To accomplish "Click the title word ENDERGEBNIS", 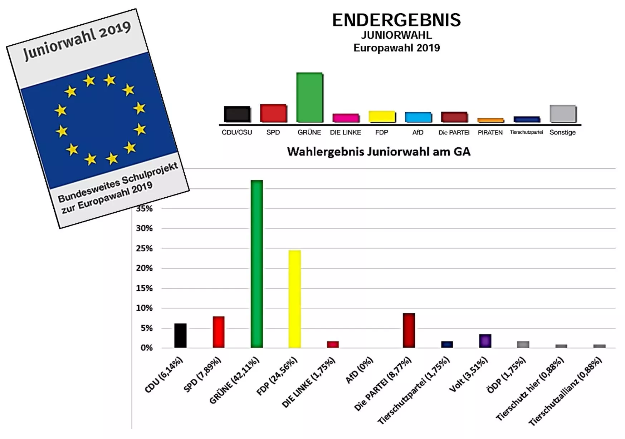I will click(x=396, y=20).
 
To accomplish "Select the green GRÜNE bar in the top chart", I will click(x=309, y=97).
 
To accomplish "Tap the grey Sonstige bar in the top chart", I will click(x=562, y=114).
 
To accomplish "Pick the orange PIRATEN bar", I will click(x=490, y=120).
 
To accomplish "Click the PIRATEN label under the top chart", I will click(x=490, y=133).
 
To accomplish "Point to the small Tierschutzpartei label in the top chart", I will click(x=526, y=132).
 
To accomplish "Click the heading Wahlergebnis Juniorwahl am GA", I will click(x=379, y=152).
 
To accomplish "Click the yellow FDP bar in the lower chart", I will click(x=294, y=299).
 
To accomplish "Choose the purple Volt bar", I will click(x=485, y=341).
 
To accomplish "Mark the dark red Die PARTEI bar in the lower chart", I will click(x=409, y=330).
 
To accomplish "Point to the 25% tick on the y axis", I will click(x=144, y=248).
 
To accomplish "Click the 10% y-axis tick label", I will click(x=144, y=308).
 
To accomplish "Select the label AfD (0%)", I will click(x=359, y=370).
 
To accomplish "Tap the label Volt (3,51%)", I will click(x=468, y=374).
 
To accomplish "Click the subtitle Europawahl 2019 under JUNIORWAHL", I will click(x=396, y=48).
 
